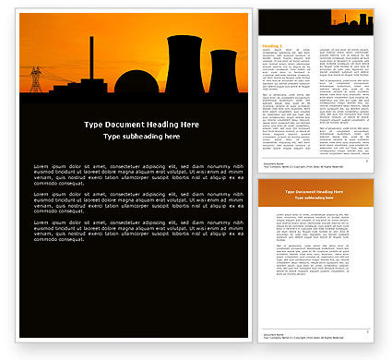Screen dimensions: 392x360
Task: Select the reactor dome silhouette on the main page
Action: click(x=137, y=81)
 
